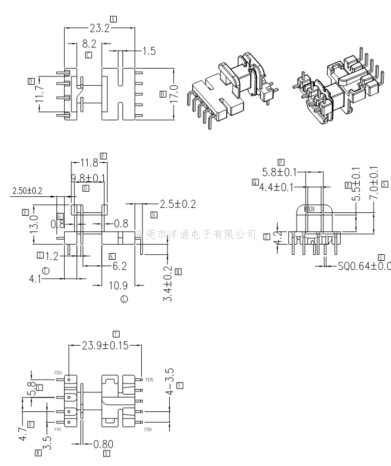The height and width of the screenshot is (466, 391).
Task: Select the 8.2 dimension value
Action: click(x=89, y=43)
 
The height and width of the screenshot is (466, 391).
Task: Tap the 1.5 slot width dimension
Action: click(x=149, y=51)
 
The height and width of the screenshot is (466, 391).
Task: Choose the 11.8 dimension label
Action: click(x=89, y=163)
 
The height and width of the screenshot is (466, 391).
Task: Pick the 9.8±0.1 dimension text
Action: click(x=88, y=178)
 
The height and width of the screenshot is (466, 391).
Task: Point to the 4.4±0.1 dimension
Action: click(x=276, y=187)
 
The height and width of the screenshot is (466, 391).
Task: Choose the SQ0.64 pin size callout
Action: click(x=364, y=266)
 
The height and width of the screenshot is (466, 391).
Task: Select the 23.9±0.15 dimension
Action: click(x=105, y=346)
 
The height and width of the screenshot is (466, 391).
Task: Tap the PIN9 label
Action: click(x=148, y=430)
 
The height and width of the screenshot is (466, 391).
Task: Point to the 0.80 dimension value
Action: click(x=102, y=444)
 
